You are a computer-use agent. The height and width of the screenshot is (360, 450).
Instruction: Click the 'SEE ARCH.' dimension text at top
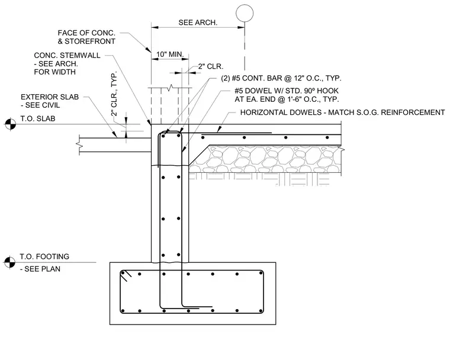[x=198, y=22]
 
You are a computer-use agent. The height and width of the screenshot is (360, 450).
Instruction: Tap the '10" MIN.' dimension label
[x=170, y=54]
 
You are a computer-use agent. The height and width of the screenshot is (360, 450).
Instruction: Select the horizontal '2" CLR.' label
[x=211, y=66]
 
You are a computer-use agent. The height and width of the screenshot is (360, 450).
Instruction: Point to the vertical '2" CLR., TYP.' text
[x=114, y=94]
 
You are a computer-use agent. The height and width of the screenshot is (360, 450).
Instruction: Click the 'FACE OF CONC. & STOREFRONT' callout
[x=86, y=37]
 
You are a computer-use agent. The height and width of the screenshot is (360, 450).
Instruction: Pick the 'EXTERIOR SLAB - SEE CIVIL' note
[x=50, y=101]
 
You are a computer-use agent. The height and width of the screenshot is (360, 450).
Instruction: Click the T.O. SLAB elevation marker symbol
[x=10, y=124]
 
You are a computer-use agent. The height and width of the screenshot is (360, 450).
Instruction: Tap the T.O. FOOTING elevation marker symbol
[x=9, y=262]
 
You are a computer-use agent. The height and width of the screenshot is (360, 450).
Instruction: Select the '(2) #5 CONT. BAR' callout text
[x=281, y=78]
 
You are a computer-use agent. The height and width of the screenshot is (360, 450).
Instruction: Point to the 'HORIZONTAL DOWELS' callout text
[x=342, y=112]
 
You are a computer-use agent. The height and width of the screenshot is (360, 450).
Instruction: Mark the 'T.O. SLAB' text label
[x=37, y=118]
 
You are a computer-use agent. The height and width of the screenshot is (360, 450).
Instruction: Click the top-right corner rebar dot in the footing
[x=261, y=273]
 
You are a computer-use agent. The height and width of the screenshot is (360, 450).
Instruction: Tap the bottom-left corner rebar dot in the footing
[x=123, y=311]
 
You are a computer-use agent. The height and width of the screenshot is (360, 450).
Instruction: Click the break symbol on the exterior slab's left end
[x=79, y=144]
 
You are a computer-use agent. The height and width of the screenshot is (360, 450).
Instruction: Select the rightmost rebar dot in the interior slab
[x=327, y=137]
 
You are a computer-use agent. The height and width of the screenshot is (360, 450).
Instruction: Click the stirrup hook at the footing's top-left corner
[x=126, y=275]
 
